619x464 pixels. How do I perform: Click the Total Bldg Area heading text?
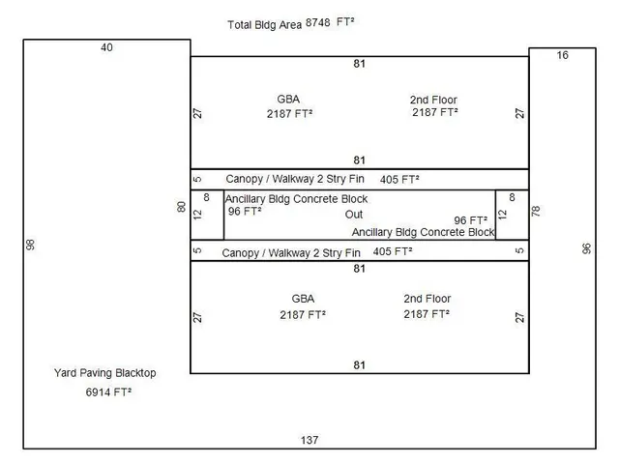tap(264, 25)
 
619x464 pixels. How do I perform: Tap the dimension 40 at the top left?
tap(106, 47)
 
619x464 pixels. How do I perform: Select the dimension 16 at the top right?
tap(563, 55)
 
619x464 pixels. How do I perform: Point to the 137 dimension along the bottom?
tap(309, 440)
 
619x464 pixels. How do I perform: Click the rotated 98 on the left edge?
tap(30, 245)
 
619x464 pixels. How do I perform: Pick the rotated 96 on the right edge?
tap(587, 248)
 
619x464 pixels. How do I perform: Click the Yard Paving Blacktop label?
tap(105, 373)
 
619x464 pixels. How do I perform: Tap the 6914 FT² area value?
tap(108, 392)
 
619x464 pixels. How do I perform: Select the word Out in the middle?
tap(354, 215)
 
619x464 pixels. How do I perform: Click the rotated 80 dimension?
tap(181, 207)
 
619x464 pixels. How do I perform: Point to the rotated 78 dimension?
tap(536, 211)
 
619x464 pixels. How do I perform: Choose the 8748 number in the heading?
tap(318, 22)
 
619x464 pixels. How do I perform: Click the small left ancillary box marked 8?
tap(207, 215)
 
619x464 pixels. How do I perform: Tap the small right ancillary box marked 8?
tap(512, 215)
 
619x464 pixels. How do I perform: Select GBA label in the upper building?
tap(288, 99)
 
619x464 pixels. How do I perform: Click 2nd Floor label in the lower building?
tap(427, 299)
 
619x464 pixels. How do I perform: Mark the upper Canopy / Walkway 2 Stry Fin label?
tap(295, 179)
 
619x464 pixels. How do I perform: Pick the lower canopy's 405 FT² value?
tap(393, 251)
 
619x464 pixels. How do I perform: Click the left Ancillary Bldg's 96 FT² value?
tap(245, 211)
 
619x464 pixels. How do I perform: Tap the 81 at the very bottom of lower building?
tap(359, 365)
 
